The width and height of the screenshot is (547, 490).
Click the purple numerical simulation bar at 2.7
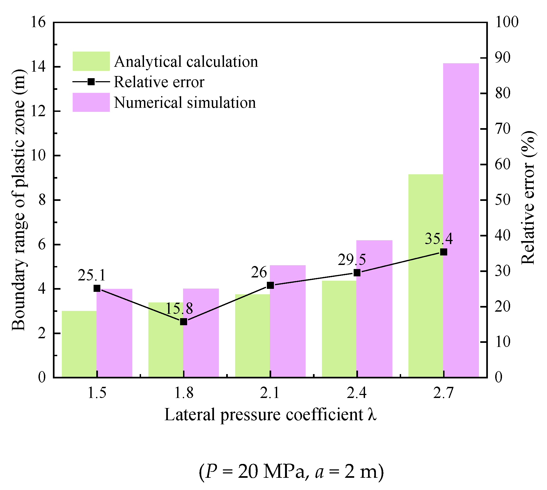point(461,220)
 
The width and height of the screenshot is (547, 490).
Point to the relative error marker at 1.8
point(184,322)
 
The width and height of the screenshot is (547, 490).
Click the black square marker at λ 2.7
point(443,252)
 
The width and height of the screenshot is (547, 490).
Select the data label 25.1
point(91,275)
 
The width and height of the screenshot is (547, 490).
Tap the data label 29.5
point(351,260)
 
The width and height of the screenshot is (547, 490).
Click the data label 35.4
point(439,239)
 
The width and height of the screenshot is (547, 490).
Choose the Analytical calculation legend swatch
point(91,61)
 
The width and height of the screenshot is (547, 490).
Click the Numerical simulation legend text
point(185,103)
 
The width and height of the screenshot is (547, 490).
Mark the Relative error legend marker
point(91,82)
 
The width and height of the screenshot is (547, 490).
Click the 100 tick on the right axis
point(506,22)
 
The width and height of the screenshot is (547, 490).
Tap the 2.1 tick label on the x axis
point(270,393)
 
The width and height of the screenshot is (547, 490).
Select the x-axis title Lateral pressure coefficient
point(270,415)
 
